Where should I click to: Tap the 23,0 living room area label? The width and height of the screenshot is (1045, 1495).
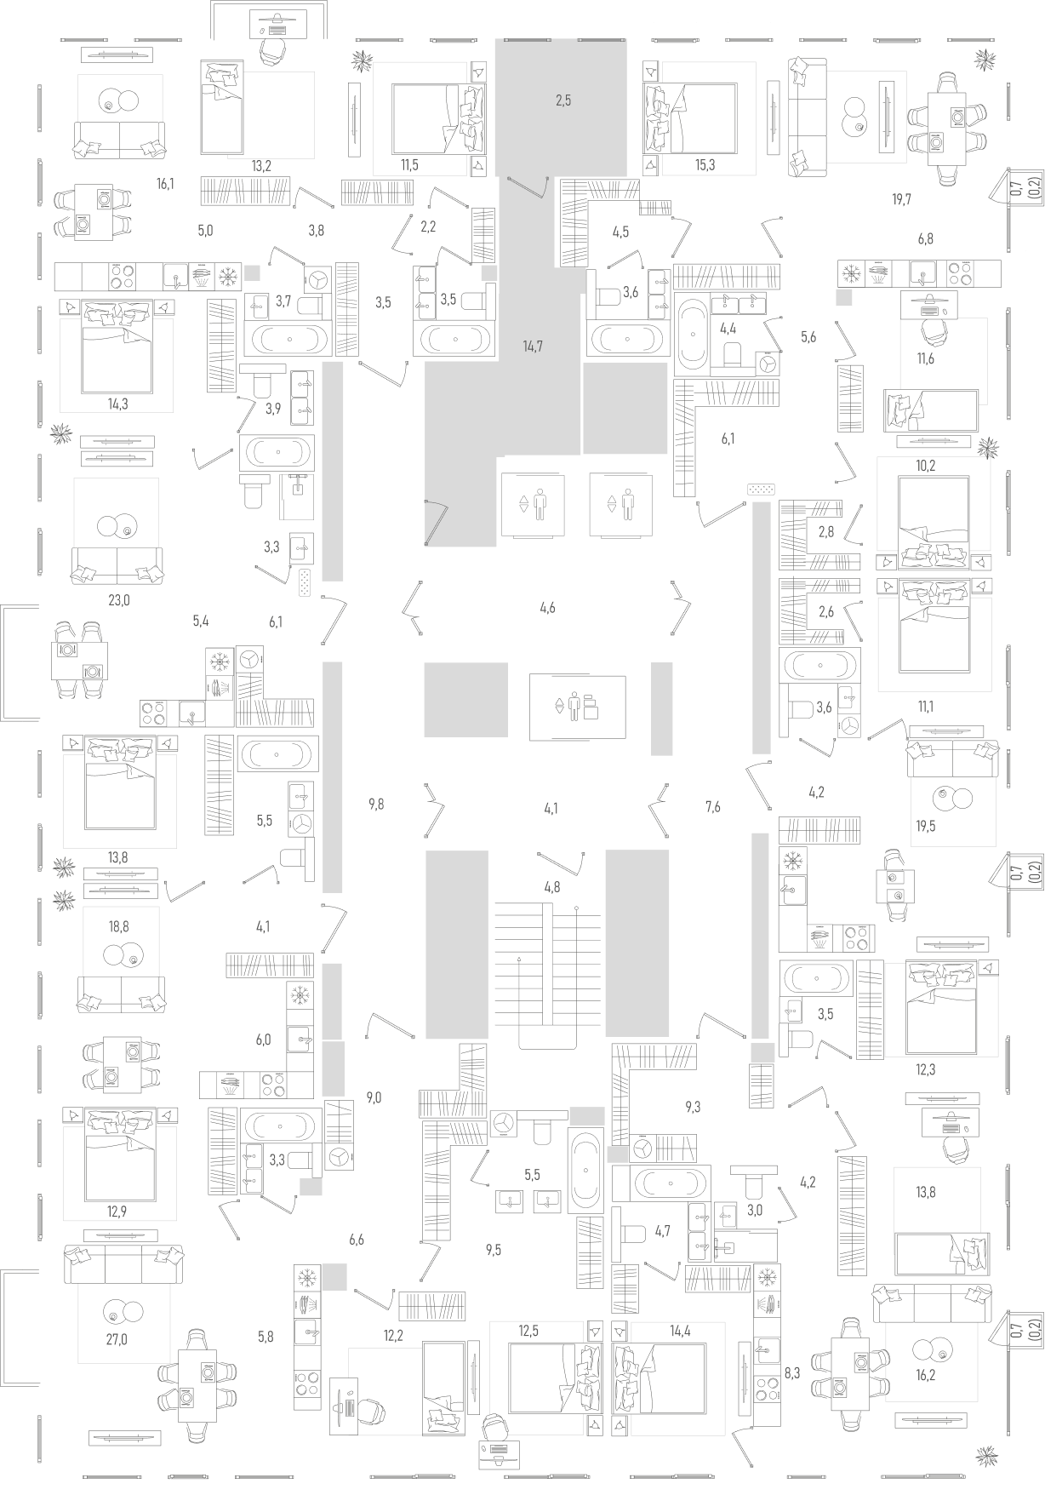pyautogui.click(x=119, y=600)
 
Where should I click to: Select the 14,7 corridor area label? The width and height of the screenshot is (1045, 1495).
pyautogui.click(x=533, y=346)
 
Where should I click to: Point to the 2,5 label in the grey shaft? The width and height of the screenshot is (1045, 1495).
pyautogui.click(x=563, y=100)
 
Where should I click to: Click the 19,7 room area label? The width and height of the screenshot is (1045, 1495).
pyautogui.click(x=902, y=200)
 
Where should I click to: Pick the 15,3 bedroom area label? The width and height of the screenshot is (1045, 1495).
pyautogui.click(x=705, y=165)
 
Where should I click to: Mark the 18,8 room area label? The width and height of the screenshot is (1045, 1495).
pyautogui.click(x=119, y=927)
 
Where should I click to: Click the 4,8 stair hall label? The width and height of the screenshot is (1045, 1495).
pyautogui.click(x=552, y=887)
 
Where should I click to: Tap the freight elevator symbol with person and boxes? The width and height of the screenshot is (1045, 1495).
pyautogui.click(x=578, y=707)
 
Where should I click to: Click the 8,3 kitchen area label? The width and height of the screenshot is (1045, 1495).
pyautogui.click(x=792, y=1372)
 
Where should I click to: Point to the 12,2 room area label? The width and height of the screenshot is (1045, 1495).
pyautogui.click(x=393, y=1336)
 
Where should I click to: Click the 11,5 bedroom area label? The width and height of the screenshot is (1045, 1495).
pyautogui.click(x=409, y=165)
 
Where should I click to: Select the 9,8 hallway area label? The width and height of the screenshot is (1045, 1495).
pyautogui.click(x=376, y=803)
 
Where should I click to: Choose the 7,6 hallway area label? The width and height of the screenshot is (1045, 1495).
pyautogui.click(x=713, y=807)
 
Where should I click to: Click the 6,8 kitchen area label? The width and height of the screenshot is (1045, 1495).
pyautogui.click(x=925, y=239)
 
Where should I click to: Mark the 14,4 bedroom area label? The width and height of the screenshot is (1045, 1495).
pyautogui.click(x=680, y=1331)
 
